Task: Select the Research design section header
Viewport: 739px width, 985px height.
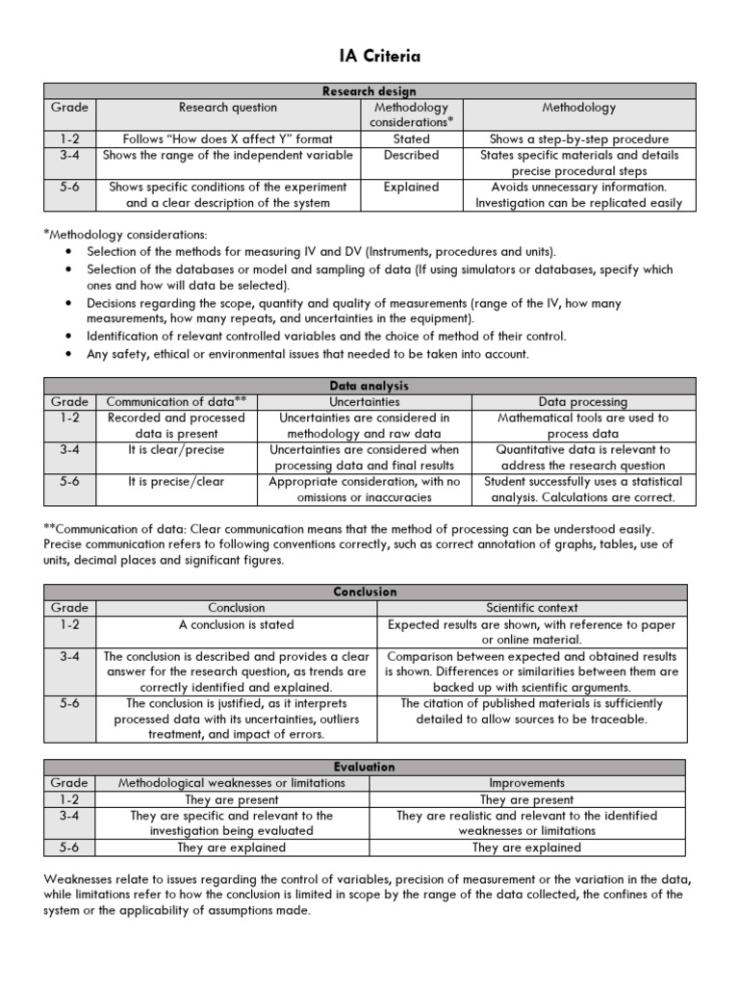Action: [366, 90]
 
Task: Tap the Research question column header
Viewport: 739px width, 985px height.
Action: [228, 108]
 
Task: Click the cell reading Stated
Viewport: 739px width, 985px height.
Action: [412, 139]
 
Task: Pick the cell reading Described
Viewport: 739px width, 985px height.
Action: [412, 155]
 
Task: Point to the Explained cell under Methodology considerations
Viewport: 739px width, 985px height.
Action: [412, 188]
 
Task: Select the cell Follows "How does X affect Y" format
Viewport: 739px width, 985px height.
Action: [228, 139]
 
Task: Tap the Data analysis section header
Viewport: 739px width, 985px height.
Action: [366, 386]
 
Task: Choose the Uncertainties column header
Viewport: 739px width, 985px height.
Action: [365, 402]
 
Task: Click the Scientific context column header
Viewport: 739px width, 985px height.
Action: [532, 608]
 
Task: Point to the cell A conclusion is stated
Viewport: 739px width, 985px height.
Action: [237, 624]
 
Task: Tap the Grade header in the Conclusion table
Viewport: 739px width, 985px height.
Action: [69, 608]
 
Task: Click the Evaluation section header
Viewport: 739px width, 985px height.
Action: [366, 767]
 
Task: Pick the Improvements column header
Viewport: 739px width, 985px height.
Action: [527, 783]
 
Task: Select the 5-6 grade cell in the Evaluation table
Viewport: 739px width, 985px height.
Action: [69, 847]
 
